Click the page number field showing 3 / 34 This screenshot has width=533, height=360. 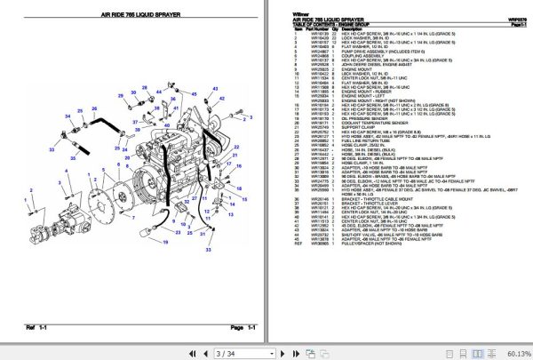[220, 352]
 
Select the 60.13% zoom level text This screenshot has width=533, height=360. [513, 352]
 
